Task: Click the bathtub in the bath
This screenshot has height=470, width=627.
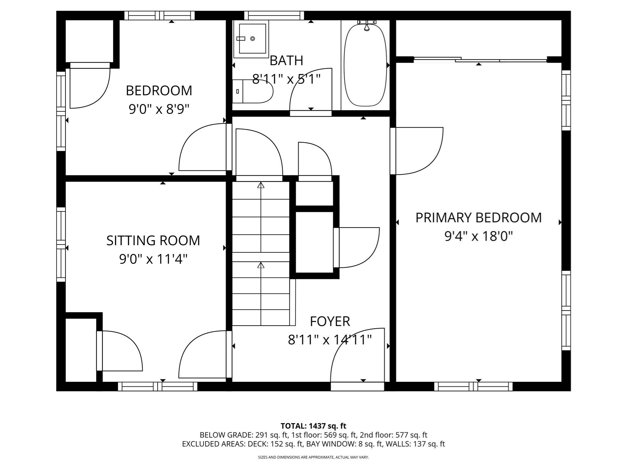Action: (x=365, y=66)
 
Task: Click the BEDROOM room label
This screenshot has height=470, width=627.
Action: (x=159, y=91)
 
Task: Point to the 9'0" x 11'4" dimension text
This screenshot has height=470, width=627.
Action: (x=153, y=259)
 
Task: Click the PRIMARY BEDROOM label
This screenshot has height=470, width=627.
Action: (x=478, y=218)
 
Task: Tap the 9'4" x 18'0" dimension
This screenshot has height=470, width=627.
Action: (x=478, y=236)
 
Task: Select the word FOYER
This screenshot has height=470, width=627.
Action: (x=330, y=322)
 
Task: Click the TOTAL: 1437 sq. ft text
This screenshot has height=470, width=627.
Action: (x=313, y=426)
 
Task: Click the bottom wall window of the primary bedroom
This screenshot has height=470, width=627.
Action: (x=473, y=386)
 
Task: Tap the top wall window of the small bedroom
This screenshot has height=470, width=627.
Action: (x=160, y=15)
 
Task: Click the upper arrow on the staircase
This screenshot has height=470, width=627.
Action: (x=261, y=185)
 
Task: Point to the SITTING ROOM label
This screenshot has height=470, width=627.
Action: (x=153, y=241)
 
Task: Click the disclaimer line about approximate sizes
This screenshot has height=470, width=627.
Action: (x=313, y=457)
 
